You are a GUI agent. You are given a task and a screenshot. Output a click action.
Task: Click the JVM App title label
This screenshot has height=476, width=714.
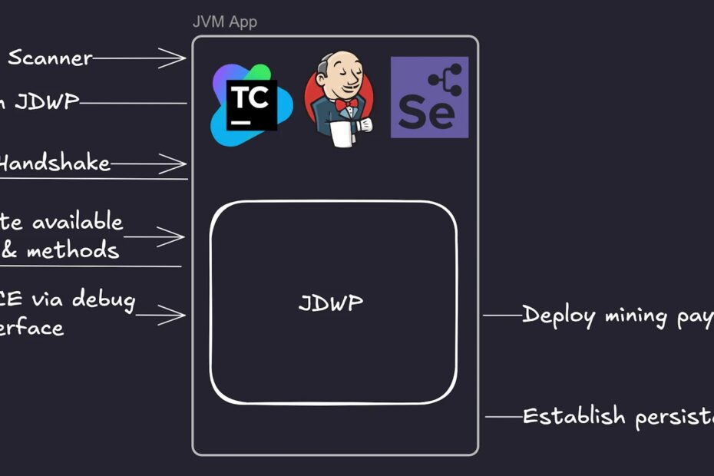[x=224, y=21]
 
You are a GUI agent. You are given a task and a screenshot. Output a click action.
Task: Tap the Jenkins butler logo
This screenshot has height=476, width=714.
[x=339, y=98]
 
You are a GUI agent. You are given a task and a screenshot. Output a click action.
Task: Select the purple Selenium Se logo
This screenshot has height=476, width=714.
[x=429, y=98]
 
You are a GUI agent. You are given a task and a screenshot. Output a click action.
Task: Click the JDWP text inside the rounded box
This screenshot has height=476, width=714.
[x=331, y=302]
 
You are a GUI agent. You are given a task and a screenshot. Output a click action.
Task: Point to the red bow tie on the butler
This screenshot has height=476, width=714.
[x=345, y=103]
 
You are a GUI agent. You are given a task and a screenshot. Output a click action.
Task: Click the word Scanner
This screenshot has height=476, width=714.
[x=50, y=58]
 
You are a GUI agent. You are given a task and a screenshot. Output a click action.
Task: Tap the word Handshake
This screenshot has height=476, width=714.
[x=55, y=163]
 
